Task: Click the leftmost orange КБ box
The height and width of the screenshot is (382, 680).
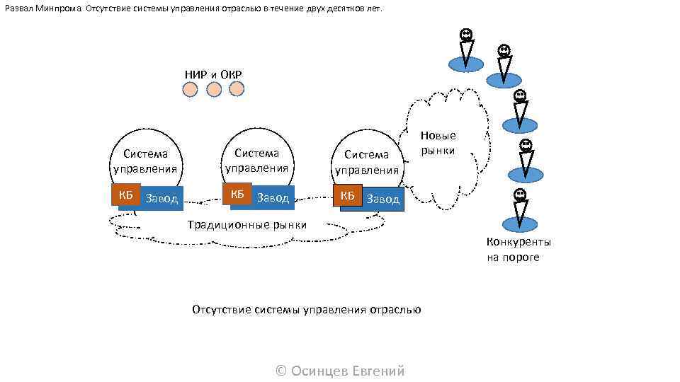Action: click(x=125, y=196)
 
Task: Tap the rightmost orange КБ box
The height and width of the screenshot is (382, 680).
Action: click(x=347, y=195)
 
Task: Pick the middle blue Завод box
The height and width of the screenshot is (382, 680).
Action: click(x=273, y=198)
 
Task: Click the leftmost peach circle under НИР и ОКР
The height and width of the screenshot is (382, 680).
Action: click(x=190, y=90)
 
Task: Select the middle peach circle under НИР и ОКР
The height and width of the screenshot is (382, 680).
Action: click(x=214, y=90)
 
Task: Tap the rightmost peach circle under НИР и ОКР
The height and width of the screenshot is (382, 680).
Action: click(x=237, y=88)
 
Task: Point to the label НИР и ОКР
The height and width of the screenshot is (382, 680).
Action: click(x=213, y=74)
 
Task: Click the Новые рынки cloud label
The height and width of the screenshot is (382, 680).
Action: click(x=438, y=143)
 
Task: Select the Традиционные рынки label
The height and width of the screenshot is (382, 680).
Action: click(x=247, y=225)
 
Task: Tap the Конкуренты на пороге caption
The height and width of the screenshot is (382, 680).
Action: click(x=518, y=249)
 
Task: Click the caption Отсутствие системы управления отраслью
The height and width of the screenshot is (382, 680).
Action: click(x=307, y=310)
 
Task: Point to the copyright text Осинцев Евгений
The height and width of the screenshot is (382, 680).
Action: click(x=340, y=371)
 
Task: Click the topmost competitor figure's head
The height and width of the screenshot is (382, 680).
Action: click(x=465, y=34)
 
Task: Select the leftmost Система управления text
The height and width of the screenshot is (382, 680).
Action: click(x=145, y=161)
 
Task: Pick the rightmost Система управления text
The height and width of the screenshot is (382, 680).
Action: click(x=367, y=162)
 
